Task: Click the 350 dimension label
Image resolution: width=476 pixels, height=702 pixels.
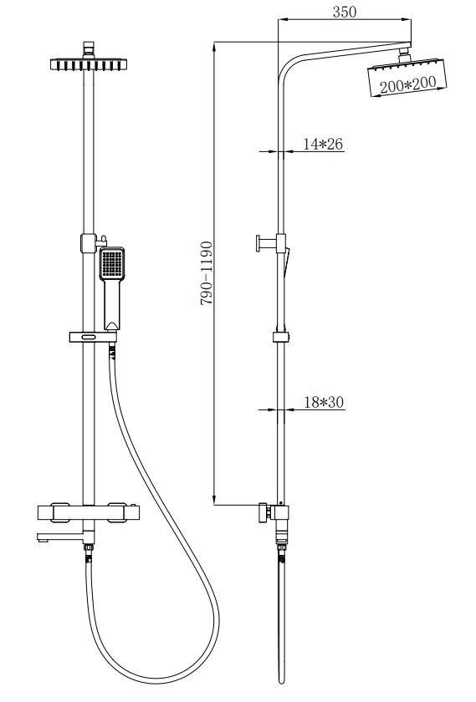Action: pos(344,12)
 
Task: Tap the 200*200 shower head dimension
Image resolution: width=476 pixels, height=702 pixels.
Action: pos(408,84)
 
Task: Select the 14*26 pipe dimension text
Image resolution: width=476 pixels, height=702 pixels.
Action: pos(323,144)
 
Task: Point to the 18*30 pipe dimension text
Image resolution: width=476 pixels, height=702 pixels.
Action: pos(324,402)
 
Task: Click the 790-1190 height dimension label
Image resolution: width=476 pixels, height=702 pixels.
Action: pos(206,273)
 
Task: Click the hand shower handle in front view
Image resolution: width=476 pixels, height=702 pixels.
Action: pos(112,304)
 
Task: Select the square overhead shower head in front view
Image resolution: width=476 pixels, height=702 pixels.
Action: pos(89,64)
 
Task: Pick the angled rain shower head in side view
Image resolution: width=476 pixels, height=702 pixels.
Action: pos(407,77)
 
